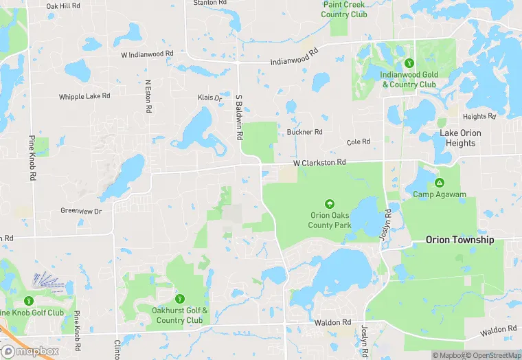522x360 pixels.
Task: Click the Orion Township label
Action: point(459,240)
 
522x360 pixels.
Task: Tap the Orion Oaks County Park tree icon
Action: point(330,204)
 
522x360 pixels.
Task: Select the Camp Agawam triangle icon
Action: point(440,183)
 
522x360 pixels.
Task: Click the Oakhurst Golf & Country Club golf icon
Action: point(179,299)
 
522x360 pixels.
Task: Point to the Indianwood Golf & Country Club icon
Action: point(410,64)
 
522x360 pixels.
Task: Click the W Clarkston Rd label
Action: point(319,163)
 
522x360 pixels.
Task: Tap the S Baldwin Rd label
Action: point(239,117)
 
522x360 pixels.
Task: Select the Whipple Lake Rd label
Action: point(84,97)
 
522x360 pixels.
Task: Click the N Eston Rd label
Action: point(147,97)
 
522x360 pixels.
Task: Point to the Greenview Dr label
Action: point(81,211)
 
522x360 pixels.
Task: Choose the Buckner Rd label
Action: point(304,132)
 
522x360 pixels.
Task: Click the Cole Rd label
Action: point(359,142)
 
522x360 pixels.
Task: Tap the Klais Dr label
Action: point(210,98)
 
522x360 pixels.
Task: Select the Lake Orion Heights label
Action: point(460,138)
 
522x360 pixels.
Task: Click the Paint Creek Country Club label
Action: point(344,10)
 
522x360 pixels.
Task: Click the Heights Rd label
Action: point(479,117)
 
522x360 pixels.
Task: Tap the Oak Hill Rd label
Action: point(63,5)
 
